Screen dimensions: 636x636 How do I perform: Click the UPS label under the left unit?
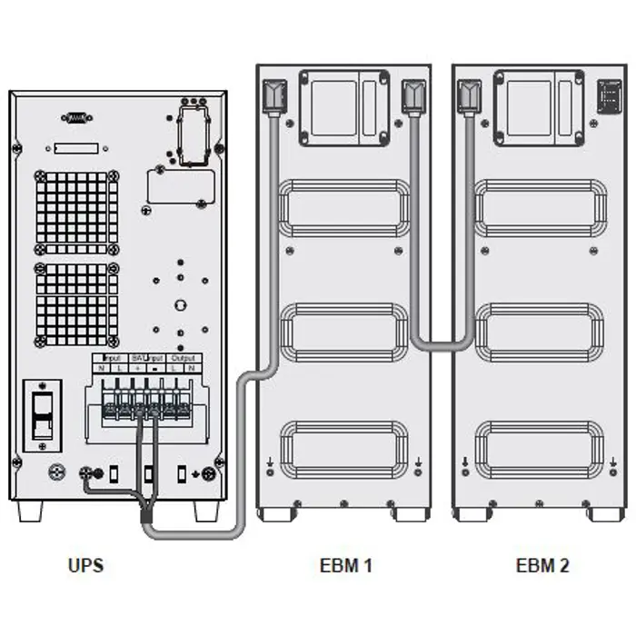(85, 565)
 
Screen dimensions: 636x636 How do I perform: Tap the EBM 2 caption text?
(542, 565)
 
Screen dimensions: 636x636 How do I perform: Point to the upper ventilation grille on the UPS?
(76, 211)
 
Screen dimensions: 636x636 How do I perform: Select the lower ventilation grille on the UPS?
(76, 304)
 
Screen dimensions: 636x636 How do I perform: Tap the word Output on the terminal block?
(183, 358)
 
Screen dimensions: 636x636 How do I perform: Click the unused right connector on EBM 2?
(603, 95)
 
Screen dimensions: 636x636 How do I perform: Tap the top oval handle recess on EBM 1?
(343, 206)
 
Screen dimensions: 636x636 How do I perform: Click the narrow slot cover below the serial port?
(76, 149)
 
